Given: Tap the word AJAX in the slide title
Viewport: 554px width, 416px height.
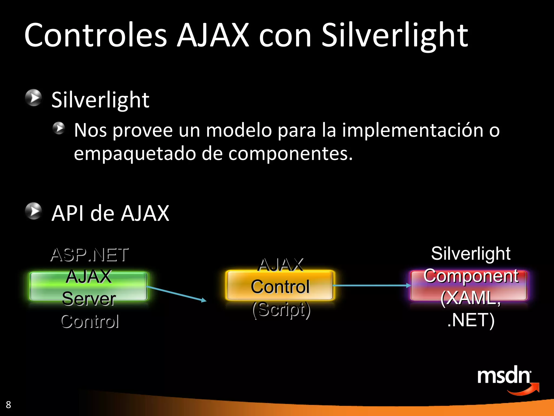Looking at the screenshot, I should [x=213, y=35].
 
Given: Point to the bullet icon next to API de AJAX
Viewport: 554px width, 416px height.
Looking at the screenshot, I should [x=34, y=211].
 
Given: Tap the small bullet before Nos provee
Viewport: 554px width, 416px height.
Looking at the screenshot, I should [x=59, y=128].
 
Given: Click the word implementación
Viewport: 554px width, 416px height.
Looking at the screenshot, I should [x=413, y=131].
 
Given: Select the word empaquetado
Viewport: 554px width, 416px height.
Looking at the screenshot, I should [x=135, y=154].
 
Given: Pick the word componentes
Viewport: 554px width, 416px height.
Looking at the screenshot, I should [x=291, y=154].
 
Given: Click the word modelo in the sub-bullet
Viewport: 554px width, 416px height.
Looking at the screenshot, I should [x=239, y=130].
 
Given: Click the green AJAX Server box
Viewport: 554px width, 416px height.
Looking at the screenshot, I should [x=88, y=287].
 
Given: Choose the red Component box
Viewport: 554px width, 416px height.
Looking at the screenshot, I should [x=469, y=286].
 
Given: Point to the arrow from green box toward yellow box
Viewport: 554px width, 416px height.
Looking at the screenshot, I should [x=177, y=294].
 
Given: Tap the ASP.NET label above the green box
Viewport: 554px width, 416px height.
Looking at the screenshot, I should [x=90, y=255].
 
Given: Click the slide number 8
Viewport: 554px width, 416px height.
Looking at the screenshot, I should [x=8, y=405].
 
